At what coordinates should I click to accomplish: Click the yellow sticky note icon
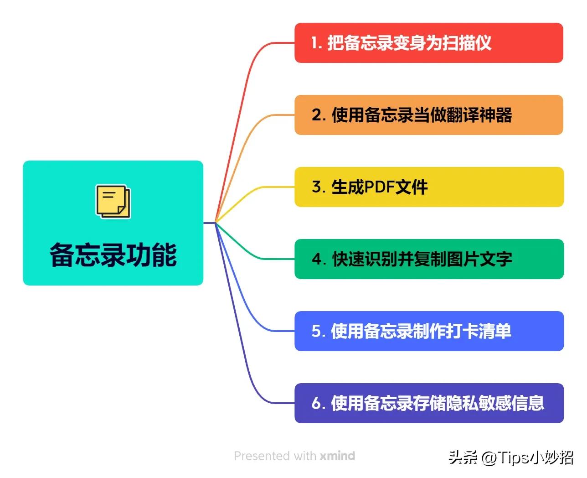[113, 201]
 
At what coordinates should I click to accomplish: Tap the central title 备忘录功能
[113, 255]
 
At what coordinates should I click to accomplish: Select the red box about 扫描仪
[428, 43]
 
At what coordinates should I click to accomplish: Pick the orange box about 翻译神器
[428, 115]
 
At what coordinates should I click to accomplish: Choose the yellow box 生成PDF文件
[428, 187]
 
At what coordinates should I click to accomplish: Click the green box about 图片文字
[428, 259]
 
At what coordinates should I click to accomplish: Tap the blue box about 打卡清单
[428, 331]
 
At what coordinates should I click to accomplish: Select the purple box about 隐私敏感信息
[428, 403]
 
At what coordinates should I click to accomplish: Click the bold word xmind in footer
[337, 456]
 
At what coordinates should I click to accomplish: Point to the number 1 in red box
[314, 43]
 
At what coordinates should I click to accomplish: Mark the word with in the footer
[305, 456]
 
